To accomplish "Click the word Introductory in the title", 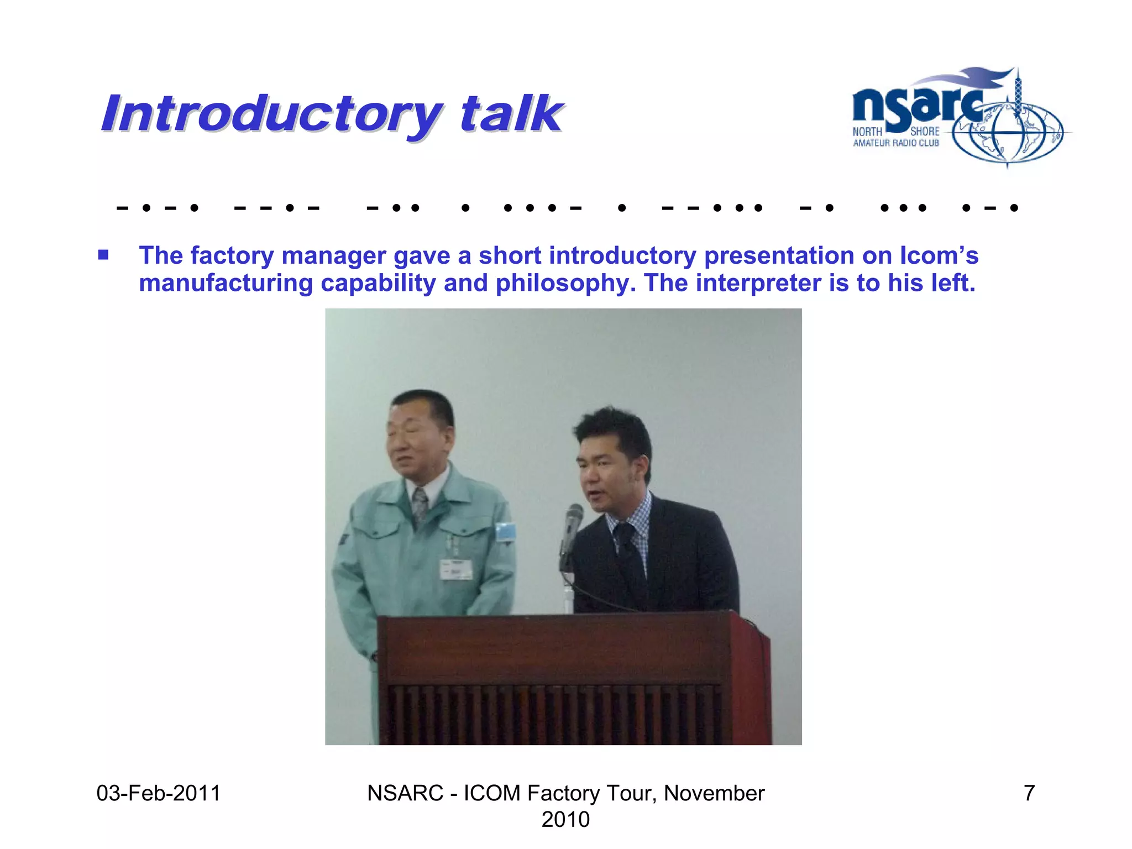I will coord(271,115).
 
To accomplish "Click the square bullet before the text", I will coord(103,255).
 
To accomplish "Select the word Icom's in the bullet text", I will coord(939,256).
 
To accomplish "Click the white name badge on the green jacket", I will coord(456,569).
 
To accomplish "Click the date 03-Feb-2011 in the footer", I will coord(159,793).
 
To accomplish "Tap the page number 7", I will coord(1029,793).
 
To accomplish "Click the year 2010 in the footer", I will coord(565,820).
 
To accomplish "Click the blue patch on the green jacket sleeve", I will coord(505,532).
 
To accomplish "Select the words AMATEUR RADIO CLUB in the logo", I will coord(896,143).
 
